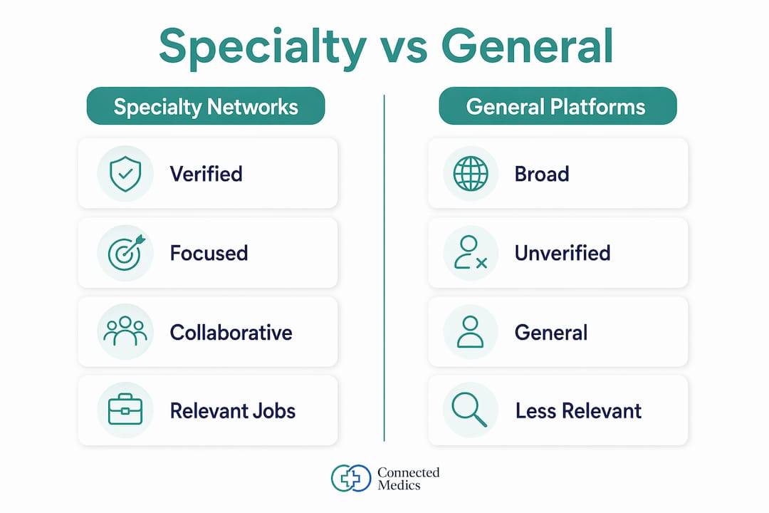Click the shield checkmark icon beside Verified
click(x=125, y=174)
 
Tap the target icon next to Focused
click(x=126, y=253)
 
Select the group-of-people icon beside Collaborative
click(x=125, y=331)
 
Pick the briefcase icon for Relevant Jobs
click(x=125, y=409)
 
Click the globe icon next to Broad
click(x=471, y=174)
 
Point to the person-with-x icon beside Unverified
click(x=471, y=252)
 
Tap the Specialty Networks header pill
click(x=206, y=106)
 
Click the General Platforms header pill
click(x=558, y=106)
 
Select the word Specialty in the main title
click(x=263, y=47)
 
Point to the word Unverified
click(x=563, y=254)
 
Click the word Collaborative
click(x=231, y=332)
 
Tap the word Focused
click(x=209, y=254)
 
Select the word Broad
click(x=542, y=175)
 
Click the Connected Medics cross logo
click(x=350, y=478)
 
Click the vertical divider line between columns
click(x=384, y=268)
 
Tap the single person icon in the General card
click(x=471, y=332)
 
